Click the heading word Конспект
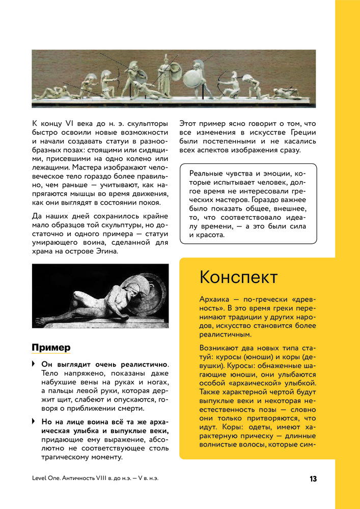coord(238,278)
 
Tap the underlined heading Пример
coord(51,348)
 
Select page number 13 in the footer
coord(313,479)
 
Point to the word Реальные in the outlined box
coord(208,174)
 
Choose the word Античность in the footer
coord(82,479)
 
